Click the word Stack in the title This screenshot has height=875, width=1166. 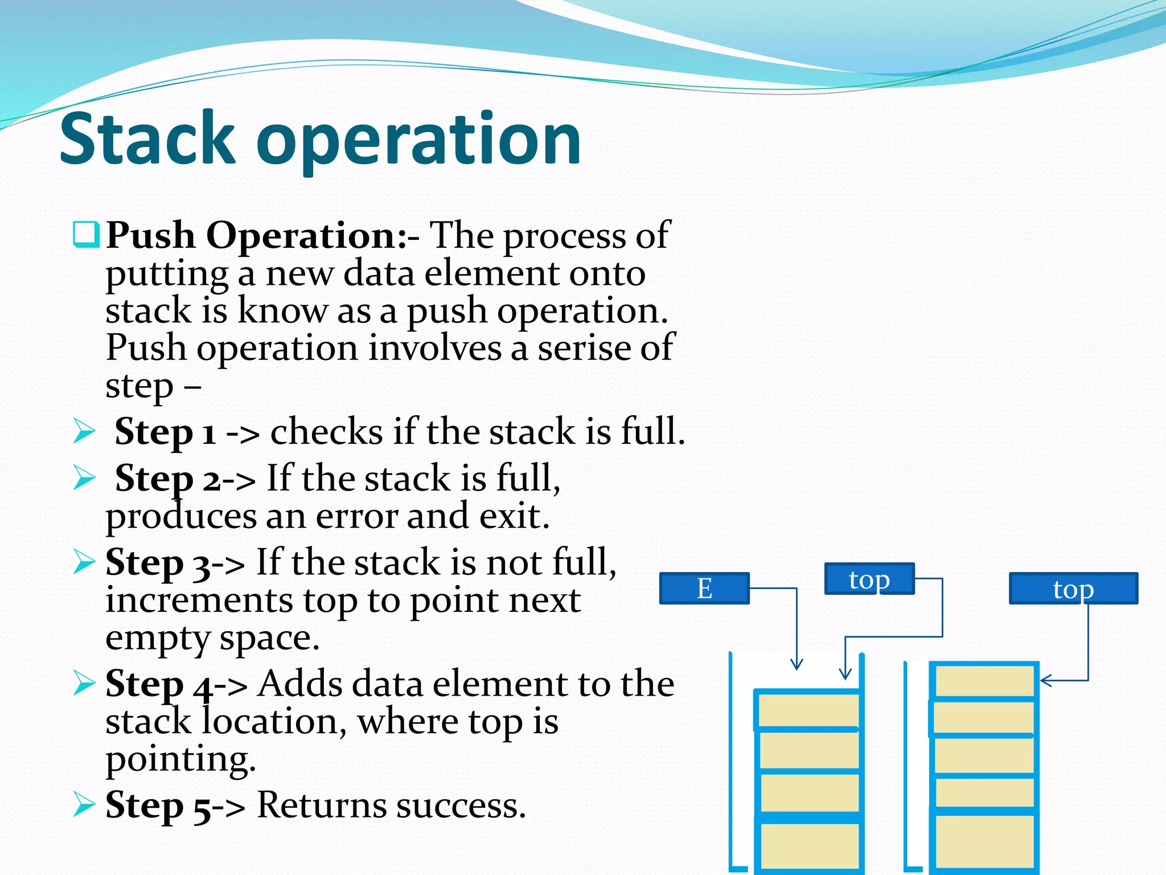pos(147,138)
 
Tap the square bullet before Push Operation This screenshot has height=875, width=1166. pos(86,235)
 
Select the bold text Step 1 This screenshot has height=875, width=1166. pos(165,431)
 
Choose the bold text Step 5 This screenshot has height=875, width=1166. pos(156,806)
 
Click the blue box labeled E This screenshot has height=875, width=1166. pos(704,588)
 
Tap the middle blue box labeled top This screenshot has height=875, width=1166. pos(869,579)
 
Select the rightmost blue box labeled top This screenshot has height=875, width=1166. pos(1073,588)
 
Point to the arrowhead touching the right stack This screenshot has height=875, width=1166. pos(1044,680)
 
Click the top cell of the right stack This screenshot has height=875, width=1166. pos(984,681)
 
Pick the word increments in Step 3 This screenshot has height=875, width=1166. pos(200,600)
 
